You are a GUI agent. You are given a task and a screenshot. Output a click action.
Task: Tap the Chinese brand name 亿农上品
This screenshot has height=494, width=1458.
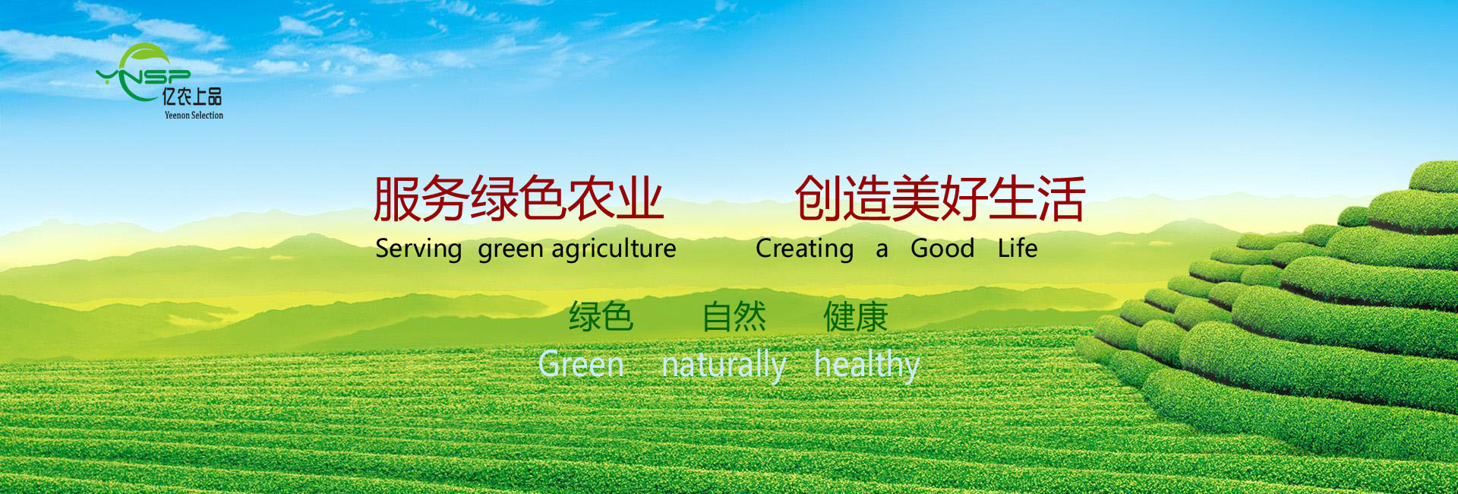pos(192,97)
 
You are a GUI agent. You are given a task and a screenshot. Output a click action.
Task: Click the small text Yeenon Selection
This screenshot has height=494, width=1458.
pos(194,116)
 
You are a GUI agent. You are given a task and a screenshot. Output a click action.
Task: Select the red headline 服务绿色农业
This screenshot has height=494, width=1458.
pos(519,198)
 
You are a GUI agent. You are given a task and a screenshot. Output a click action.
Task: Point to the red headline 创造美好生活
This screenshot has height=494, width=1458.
pos(940,198)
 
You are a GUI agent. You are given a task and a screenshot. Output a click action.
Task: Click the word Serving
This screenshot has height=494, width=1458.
pos(418,249)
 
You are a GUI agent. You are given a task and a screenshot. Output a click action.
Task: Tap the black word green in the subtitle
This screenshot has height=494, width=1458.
pos(511,250)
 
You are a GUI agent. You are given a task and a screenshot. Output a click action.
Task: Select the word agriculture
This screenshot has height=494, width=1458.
pos(614,249)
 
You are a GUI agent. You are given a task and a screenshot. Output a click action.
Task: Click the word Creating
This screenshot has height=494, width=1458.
pos(805,249)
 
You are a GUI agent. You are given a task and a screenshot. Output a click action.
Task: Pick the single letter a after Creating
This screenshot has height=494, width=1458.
pos(882,251)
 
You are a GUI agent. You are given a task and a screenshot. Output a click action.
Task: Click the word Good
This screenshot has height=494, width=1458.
pos(942,248)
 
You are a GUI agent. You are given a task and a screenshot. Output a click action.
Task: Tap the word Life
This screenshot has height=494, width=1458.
pos(1018,248)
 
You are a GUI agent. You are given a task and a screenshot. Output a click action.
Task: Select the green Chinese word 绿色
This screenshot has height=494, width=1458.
pos(601,317)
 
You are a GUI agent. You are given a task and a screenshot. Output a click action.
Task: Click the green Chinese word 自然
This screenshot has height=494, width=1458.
pos(734,317)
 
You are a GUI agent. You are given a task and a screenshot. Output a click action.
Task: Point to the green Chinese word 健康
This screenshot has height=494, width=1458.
pos(856,317)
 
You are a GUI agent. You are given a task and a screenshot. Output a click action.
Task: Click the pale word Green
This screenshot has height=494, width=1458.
pos(581,365)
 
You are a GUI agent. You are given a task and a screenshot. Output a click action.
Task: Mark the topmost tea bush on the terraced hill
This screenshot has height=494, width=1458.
pos(1434,176)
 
